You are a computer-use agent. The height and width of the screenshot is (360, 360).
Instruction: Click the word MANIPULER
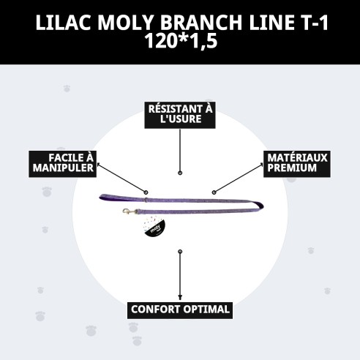click(x=62, y=169)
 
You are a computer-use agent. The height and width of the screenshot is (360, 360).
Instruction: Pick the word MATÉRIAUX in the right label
click(x=297, y=158)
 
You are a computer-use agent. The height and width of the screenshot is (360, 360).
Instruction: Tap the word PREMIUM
click(x=292, y=169)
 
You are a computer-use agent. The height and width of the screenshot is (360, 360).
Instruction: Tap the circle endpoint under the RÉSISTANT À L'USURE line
click(x=180, y=174)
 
